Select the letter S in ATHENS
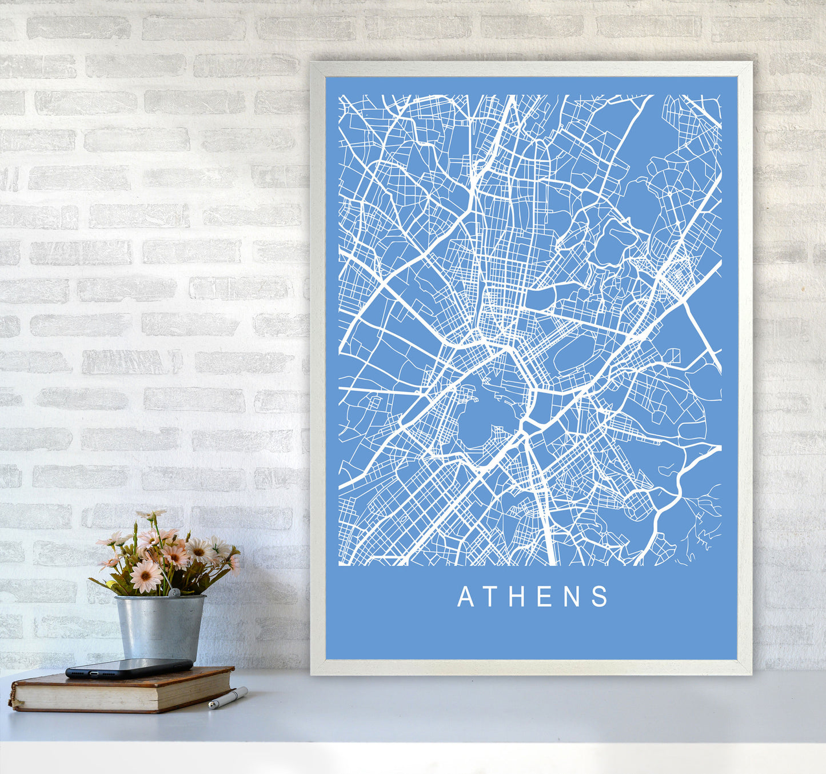pyautogui.click(x=600, y=597)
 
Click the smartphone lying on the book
pyautogui.click(x=129, y=668)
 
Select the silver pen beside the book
pyautogui.click(x=228, y=698)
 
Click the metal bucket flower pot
pyautogui.click(x=159, y=628)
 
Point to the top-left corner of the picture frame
pyautogui.click(x=312, y=63)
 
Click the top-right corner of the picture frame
pyautogui.click(x=751, y=63)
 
